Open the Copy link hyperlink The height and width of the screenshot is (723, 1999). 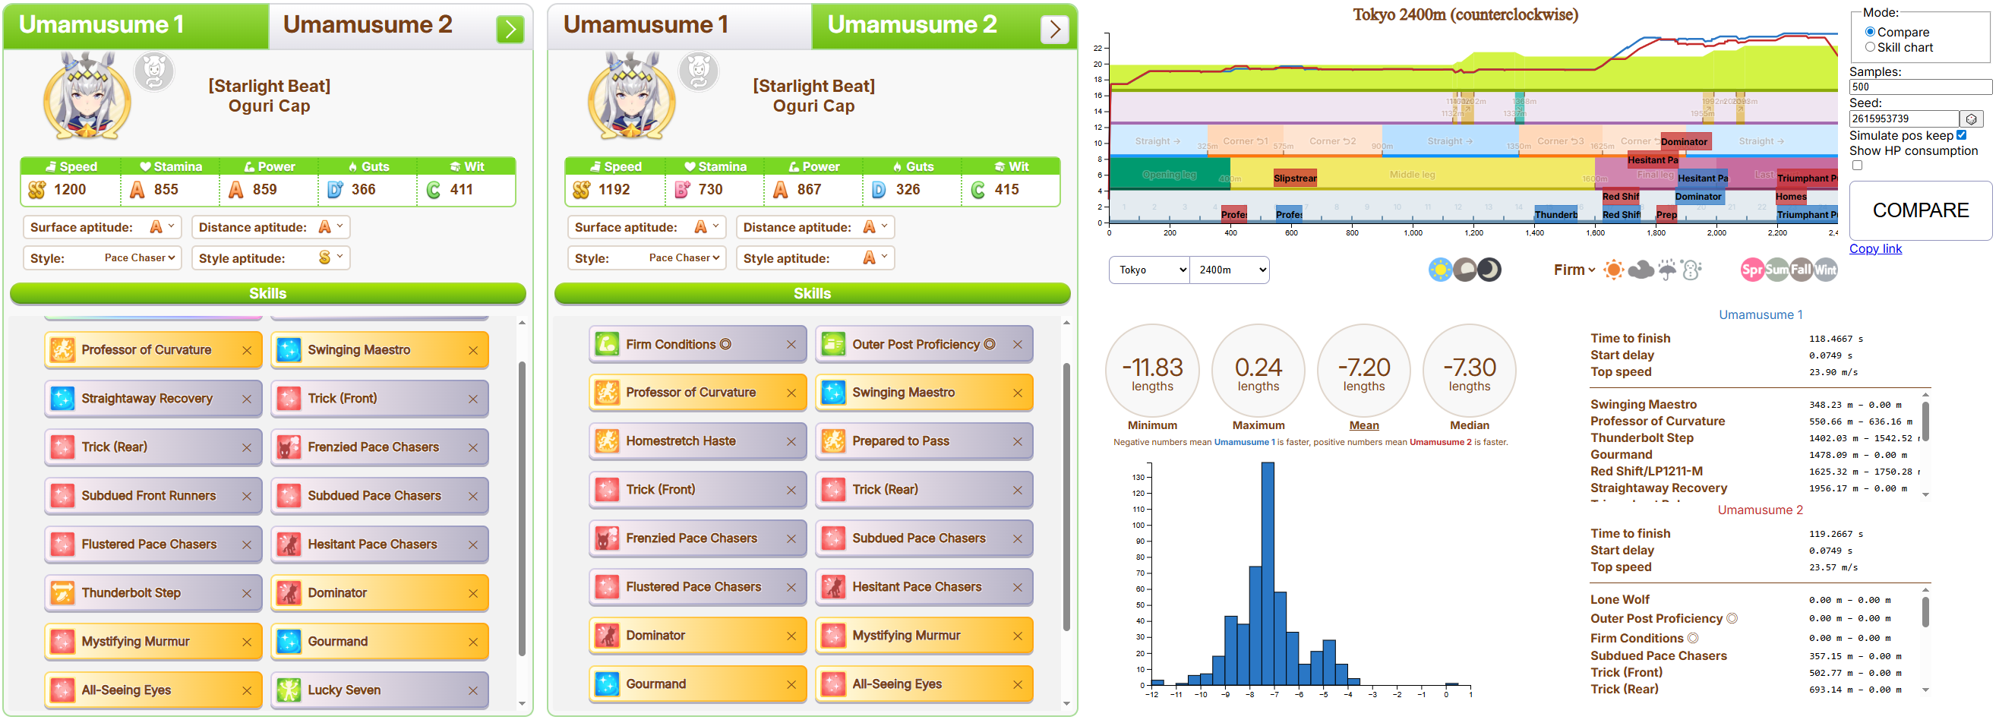pos(1875,248)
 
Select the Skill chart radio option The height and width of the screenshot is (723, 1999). pos(1870,47)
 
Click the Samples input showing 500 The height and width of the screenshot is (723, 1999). pos(1919,87)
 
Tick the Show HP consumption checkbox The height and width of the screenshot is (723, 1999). pos(1857,166)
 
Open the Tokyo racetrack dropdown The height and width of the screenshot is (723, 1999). pos(1148,270)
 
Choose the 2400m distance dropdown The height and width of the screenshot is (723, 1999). pos(1230,270)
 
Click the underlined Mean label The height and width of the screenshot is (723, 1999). pos(1363,425)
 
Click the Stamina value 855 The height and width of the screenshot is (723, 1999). pos(166,189)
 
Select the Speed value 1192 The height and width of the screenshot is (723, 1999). pos(614,189)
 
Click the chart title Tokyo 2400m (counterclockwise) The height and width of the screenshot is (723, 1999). pos(1465,14)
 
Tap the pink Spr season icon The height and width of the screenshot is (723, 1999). pos(1751,270)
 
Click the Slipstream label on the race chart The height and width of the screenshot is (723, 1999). pos(1294,178)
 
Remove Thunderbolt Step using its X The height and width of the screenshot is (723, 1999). pos(247,593)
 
